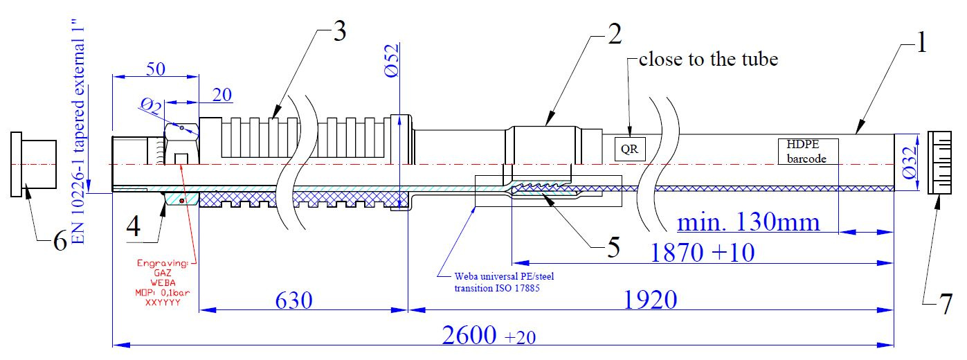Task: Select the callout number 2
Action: point(613,36)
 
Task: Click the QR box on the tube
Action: point(629,149)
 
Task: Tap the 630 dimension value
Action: point(293,300)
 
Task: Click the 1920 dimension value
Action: point(649,300)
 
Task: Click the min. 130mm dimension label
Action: point(748,222)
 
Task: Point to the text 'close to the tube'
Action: point(708,60)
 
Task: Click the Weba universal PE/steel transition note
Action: point(496,282)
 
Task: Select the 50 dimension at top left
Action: point(154,69)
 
